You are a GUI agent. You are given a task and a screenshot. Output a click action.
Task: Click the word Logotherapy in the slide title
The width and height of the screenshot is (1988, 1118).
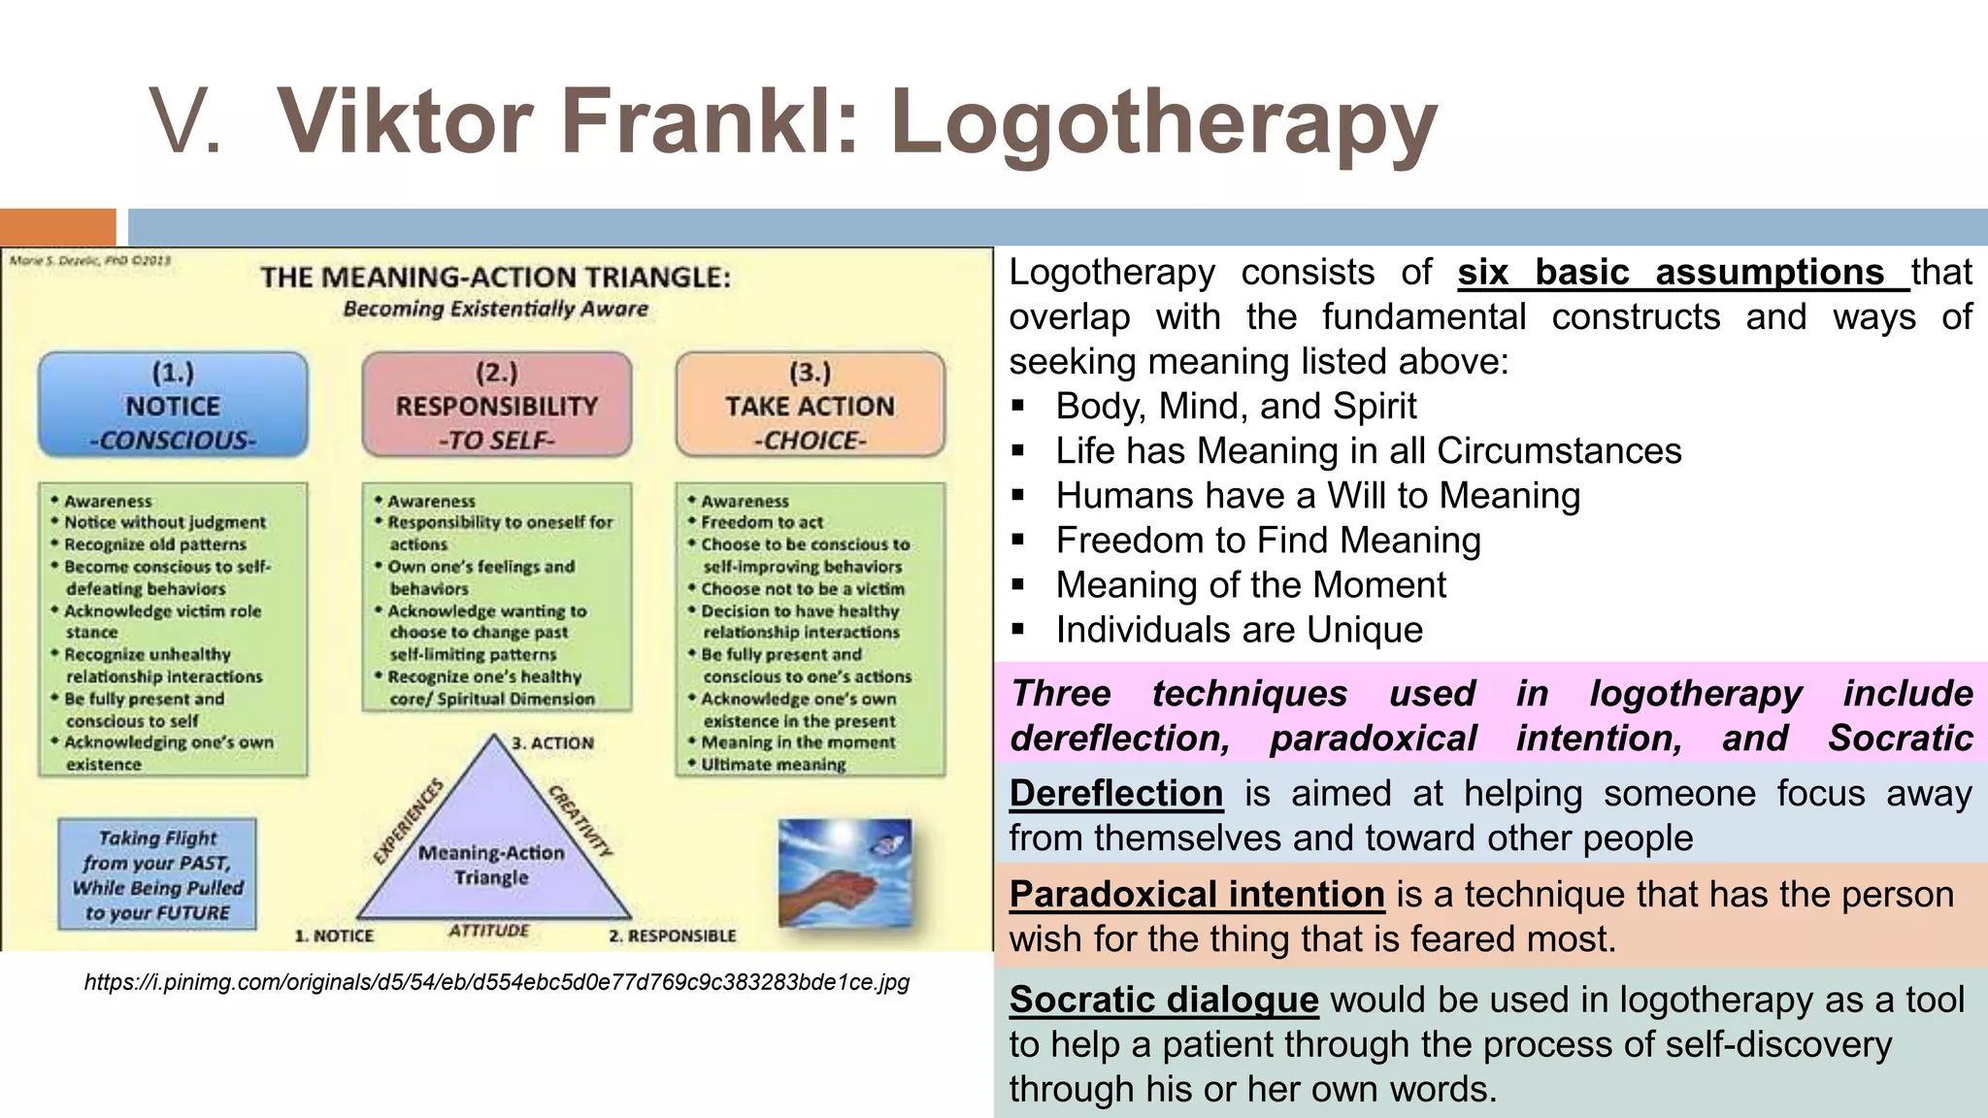tap(1163, 122)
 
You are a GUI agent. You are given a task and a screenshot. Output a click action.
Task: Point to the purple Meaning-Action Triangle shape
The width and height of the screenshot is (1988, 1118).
tap(492, 854)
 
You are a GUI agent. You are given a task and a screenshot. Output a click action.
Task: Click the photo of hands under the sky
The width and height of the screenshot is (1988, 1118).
tap(845, 872)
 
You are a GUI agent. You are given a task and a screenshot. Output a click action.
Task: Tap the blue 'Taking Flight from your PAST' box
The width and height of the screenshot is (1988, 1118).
tap(157, 874)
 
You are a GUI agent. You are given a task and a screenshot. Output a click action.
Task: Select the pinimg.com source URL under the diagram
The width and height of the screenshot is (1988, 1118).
tap(496, 982)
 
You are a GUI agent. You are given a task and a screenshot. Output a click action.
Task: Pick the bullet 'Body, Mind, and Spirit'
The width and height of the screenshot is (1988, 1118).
tap(1236, 406)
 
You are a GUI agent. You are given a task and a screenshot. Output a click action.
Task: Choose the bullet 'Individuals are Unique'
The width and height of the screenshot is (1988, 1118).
tap(1239, 630)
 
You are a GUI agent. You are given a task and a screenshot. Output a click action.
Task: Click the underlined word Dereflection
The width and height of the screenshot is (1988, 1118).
tap(1115, 794)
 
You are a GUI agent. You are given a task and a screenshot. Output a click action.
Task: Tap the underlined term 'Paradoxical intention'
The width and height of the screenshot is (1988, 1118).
tap(1196, 895)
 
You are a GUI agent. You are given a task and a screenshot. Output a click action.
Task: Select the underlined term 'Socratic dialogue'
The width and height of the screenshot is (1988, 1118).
tap(1163, 1000)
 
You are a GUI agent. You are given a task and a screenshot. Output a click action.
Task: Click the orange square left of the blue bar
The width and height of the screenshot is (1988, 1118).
tap(57, 227)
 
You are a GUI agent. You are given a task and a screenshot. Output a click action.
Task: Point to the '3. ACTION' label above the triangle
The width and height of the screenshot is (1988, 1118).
tap(552, 743)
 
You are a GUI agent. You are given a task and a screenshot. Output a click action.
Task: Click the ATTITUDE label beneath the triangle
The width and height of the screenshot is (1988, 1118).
tap(488, 931)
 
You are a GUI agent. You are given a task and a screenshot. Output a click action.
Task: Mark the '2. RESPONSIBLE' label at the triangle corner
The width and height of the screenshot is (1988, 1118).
tap(672, 937)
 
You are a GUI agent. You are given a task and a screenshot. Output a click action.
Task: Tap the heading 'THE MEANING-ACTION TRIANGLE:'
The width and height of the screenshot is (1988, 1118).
tap(495, 278)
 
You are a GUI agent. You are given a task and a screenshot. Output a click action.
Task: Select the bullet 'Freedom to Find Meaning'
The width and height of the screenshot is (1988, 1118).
tap(1268, 541)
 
